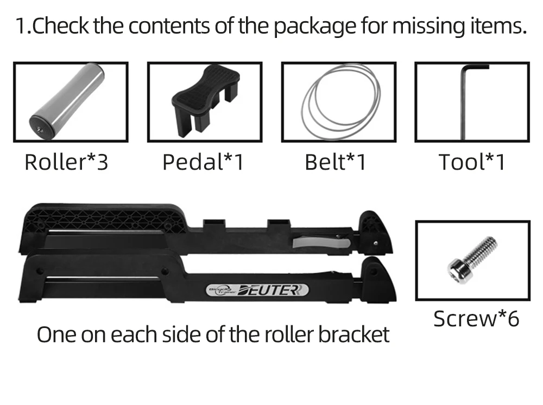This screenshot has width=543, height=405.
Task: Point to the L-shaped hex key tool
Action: [x=464, y=103]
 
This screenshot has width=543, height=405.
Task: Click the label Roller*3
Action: [x=66, y=162]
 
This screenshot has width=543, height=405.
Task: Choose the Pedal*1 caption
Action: [x=203, y=162]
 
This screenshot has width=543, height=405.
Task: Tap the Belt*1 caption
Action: [x=336, y=162]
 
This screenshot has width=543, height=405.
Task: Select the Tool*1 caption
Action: [x=472, y=162]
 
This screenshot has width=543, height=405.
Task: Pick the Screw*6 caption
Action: [x=476, y=319]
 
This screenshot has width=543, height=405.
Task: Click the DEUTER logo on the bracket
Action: [x=274, y=291]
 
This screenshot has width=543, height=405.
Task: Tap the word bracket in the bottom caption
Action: [x=354, y=335]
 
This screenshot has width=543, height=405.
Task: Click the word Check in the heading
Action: [x=61, y=27]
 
